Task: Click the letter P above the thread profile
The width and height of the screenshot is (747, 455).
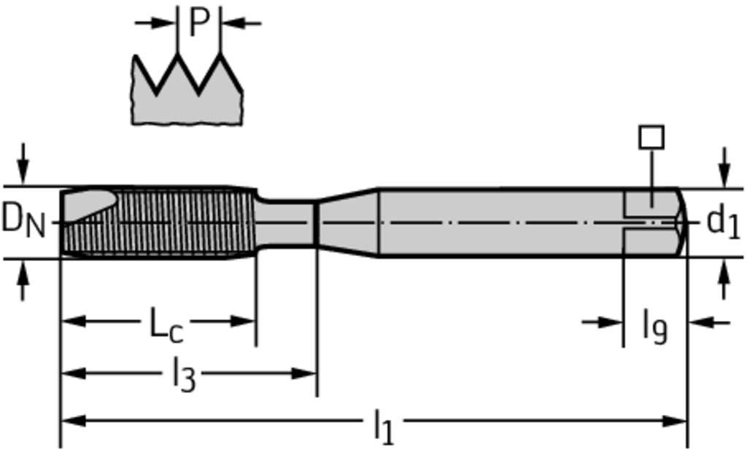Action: (x=200, y=23)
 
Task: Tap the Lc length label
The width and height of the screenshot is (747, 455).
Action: (x=166, y=325)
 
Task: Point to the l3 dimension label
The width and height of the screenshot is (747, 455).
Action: (x=184, y=374)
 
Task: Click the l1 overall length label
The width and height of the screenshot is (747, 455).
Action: (x=384, y=427)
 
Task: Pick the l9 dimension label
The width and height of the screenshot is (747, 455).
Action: (x=654, y=327)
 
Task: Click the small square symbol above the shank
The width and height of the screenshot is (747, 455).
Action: (x=651, y=137)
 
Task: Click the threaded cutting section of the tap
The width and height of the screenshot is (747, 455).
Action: (x=158, y=222)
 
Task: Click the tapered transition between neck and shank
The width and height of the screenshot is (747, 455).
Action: (x=348, y=222)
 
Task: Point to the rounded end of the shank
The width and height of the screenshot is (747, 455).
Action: (x=682, y=222)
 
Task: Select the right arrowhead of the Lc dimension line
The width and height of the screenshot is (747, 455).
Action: (x=243, y=321)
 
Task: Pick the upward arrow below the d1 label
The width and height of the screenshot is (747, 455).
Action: (x=724, y=280)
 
